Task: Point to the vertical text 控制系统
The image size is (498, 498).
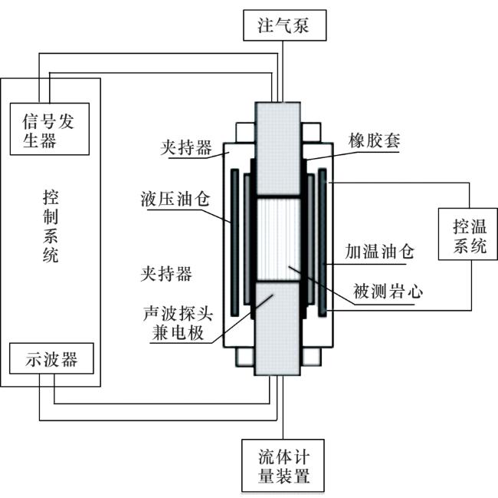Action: click(x=51, y=226)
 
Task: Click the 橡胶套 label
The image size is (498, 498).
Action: click(x=374, y=140)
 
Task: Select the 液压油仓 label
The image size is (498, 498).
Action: click(x=175, y=199)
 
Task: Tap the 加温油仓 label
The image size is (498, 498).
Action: click(x=379, y=252)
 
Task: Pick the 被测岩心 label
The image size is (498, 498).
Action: click(x=388, y=292)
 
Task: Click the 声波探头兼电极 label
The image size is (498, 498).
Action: click(x=178, y=323)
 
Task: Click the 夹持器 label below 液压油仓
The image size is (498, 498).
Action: click(x=166, y=274)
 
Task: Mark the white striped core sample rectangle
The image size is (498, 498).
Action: click(x=278, y=239)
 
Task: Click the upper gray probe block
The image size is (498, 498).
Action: click(x=278, y=149)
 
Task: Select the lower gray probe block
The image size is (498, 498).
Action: click(x=277, y=329)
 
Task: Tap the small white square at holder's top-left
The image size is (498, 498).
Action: click(x=245, y=133)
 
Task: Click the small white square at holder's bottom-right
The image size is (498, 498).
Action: click(x=311, y=357)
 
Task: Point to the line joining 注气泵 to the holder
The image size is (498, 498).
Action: click(x=283, y=71)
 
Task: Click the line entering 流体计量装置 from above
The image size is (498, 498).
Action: click(x=283, y=407)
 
